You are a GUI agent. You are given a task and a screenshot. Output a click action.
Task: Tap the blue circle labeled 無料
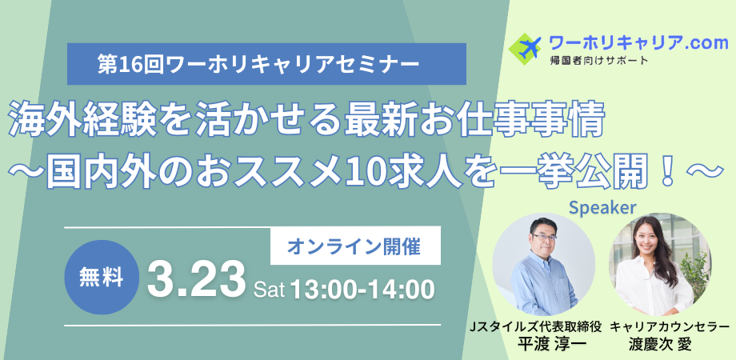(x=102, y=278)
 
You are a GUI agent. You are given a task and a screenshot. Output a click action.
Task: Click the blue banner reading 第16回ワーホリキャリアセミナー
(x=266, y=64)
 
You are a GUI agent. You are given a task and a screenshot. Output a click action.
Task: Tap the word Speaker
(x=602, y=208)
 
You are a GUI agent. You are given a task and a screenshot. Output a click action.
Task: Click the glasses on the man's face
(x=545, y=238)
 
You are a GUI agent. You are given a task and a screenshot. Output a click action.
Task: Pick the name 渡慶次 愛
(x=661, y=345)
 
